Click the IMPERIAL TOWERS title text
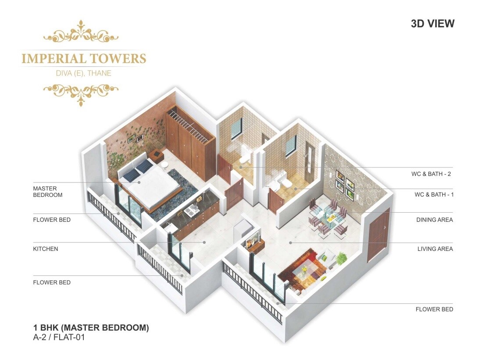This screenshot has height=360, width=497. point(84,58)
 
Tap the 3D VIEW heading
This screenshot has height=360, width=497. point(432,24)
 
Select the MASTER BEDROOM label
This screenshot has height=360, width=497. point(48,192)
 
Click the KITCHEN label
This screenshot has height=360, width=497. point(46,249)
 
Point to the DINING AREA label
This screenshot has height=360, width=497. point(434,220)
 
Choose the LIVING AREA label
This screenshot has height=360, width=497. point(435,249)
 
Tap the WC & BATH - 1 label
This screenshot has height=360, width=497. point(434,194)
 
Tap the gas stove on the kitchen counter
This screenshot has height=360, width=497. point(190,211)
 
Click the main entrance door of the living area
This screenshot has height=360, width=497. point(378,235)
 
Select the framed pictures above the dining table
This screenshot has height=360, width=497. point(345,183)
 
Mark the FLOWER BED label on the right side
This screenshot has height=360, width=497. point(434,309)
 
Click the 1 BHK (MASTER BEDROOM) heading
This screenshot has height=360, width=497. point(91,328)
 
